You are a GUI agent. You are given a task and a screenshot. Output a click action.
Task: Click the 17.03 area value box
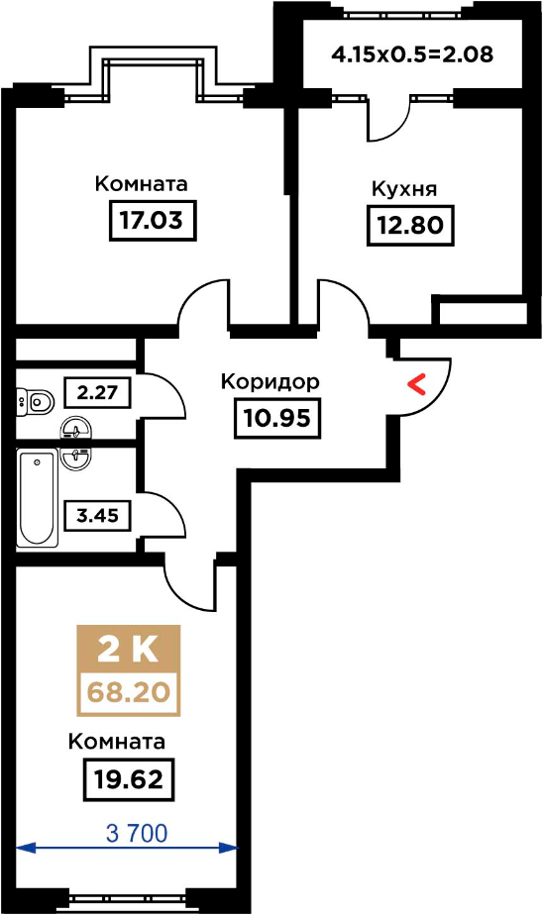tap(153, 221)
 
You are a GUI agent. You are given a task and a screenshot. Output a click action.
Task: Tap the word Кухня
tap(404, 190)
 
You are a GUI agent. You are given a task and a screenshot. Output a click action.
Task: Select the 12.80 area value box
tap(410, 225)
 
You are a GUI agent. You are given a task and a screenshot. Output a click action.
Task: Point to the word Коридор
tap(271, 381)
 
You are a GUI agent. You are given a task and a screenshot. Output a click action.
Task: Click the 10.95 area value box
tap(277, 418)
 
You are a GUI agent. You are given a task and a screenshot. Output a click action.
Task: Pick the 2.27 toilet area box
tap(97, 393)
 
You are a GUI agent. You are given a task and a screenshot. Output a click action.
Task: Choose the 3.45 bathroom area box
tap(97, 515)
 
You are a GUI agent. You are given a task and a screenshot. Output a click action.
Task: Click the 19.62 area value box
tap(130, 779)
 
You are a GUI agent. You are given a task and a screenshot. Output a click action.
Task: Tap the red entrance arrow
tap(416, 385)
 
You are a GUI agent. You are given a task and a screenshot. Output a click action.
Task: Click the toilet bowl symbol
tap(35, 401)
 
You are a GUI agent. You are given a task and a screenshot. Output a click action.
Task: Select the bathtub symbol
tap(38, 498)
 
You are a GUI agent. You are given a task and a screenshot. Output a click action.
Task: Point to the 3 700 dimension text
tap(137, 834)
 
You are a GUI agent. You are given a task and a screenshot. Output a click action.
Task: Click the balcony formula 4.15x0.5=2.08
tap(412, 54)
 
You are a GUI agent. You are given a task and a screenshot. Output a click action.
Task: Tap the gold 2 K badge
tap(129, 649)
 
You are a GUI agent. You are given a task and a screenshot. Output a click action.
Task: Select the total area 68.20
tap(129, 692)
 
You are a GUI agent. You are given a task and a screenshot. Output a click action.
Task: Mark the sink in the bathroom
tap(76, 457)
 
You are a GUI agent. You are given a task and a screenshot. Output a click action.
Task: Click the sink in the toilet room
tap(76, 428)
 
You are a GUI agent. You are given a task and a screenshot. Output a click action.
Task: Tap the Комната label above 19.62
tap(117, 742)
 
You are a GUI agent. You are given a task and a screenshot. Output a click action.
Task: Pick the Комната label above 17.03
tap(142, 184)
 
